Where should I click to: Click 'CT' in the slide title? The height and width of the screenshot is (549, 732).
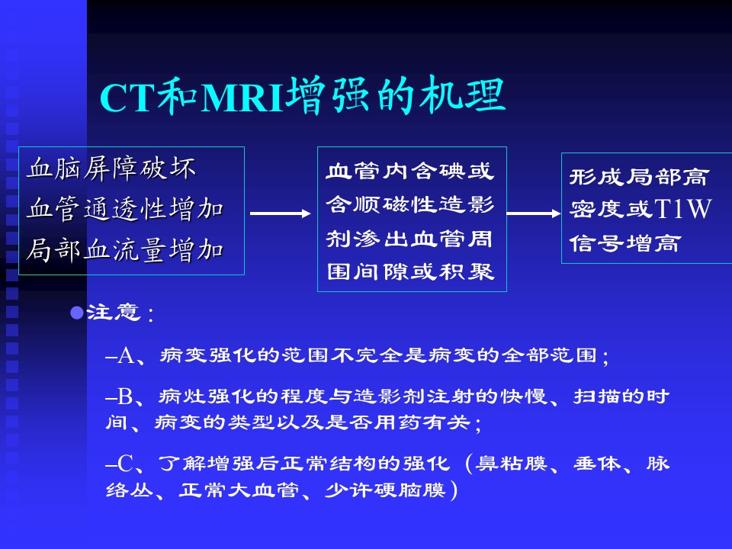[127, 98]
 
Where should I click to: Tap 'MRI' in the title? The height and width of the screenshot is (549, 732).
[242, 98]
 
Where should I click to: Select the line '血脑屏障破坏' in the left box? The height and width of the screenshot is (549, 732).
[111, 168]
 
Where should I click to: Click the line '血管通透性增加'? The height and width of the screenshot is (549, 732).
[125, 209]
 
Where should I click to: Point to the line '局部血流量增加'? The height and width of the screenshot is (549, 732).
[125, 250]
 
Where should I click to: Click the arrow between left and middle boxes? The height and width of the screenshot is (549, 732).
[280, 213]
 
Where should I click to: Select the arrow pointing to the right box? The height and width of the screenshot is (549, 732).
[534, 213]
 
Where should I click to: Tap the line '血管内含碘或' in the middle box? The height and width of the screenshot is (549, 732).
[410, 171]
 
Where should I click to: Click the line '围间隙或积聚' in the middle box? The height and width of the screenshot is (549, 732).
[410, 271]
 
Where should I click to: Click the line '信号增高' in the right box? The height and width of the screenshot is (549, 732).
[624, 243]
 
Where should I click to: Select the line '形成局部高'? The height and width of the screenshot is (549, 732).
[639, 177]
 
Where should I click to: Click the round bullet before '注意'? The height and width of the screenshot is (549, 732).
[76, 313]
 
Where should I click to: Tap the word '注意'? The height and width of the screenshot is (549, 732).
[114, 313]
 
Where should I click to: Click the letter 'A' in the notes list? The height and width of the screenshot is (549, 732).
[126, 356]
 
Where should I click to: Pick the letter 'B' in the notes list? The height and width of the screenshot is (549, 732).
[125, 396]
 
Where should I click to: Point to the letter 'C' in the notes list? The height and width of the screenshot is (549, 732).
[125, 464]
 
